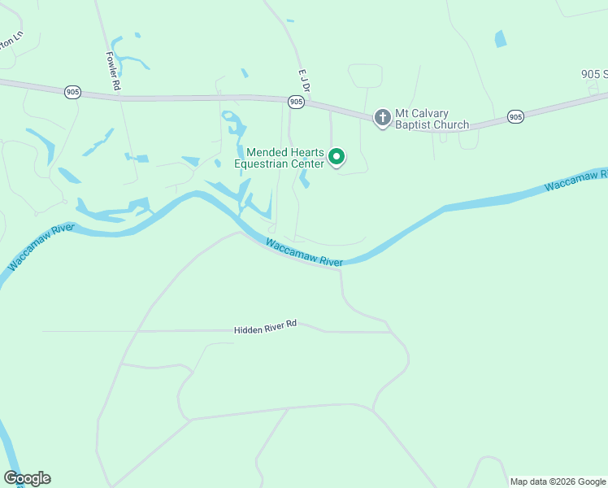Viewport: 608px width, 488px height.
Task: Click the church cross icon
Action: (382, 118)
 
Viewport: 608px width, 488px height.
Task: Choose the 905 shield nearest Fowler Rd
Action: (72, 93)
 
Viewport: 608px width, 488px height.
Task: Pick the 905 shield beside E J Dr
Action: (296, 102)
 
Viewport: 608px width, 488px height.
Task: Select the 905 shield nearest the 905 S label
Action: (515, 117)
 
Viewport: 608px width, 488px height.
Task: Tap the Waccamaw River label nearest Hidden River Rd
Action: (304, 251)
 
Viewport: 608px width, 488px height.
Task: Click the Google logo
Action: (27, 478)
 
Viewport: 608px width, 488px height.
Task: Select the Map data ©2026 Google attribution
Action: (558, 481)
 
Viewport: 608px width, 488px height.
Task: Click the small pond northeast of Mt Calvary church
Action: (500, 38)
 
